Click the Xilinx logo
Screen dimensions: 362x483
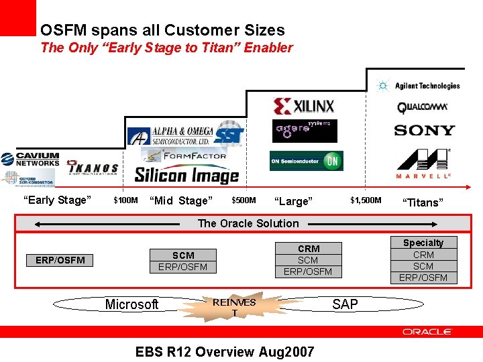point(303,106)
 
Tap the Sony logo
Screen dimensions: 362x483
point(424,130)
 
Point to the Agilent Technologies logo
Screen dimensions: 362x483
point(419,86)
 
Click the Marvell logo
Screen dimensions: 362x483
point(423,165)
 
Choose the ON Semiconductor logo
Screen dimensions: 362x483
point(306,161)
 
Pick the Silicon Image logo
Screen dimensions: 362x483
point(186,175)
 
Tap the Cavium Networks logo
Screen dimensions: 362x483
point(31,159)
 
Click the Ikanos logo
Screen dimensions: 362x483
point(93,168)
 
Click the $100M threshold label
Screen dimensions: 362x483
point(125,200)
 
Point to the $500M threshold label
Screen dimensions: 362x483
point(244,200)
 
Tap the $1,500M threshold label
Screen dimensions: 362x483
point(366,200)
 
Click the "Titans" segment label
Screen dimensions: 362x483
point(422,202)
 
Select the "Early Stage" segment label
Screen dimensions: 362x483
point(56,200)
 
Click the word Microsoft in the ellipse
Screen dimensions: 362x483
point(131,305)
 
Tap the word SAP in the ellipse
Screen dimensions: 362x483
point(345,304)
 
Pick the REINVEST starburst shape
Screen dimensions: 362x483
point(234,307)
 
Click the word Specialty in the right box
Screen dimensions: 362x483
point(423,243)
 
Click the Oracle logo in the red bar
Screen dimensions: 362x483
point(427,332)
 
